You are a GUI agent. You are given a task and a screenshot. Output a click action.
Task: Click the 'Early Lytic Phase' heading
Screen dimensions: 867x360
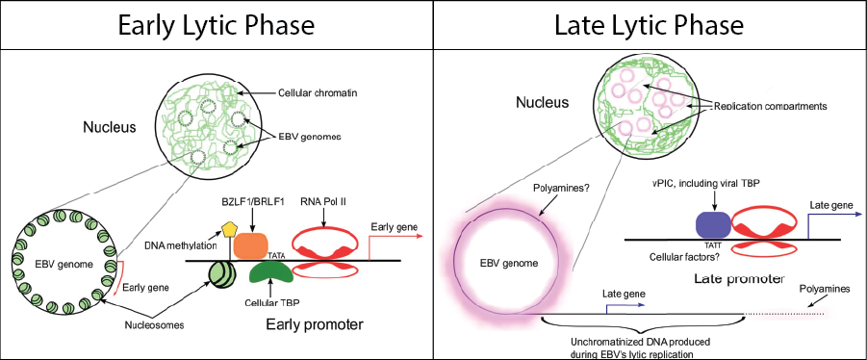click(x=217, y=25)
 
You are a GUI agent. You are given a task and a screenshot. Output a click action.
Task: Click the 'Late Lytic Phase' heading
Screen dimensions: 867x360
click(x=650, y=25)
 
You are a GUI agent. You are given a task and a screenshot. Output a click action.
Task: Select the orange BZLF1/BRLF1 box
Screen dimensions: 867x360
click(x=251, y=245)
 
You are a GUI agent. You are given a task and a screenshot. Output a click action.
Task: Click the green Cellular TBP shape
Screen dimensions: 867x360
click(x=270, y=271)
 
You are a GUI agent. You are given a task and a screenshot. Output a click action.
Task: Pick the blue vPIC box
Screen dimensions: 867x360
click(x=713, y=225)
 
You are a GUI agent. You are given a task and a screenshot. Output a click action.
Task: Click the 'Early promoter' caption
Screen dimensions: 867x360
click(x=315, y=324)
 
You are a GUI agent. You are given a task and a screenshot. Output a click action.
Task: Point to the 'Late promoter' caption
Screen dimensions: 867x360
click(x=738, y=279)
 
